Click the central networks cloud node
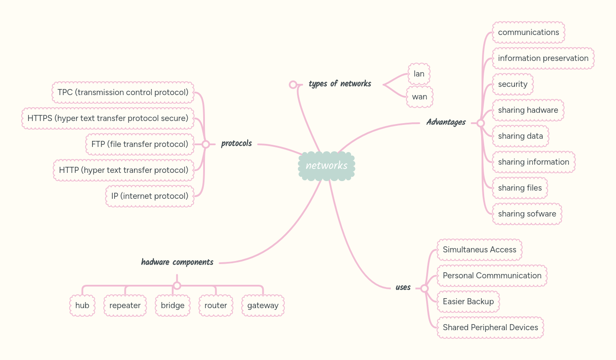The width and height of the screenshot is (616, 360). tap(326, 166)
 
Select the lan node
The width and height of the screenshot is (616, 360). tap(419, 74)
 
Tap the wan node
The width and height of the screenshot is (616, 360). tap(419, 97)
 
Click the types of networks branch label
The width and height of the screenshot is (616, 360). tap(340, 84)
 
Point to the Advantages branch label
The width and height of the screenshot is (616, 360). tap(446, 122)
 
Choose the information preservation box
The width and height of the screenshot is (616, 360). tap(543, 58)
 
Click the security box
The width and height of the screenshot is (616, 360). tap(512, 84)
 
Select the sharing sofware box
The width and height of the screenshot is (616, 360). tap(527, 214)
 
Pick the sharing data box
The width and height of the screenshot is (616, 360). tap(520, 136)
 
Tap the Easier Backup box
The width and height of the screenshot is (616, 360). tap(468, 302)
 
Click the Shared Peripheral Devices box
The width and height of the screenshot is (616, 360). tap(490, 328)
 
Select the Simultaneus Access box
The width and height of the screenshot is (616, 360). tap(479, 250)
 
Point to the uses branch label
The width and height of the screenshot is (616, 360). tap(403, 287)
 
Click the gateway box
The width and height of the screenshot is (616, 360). tap(263, 306)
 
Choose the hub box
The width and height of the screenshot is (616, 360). tap(82, 306)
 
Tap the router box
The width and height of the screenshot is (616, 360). tap(216, 306)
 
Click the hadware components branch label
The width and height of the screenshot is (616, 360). tap(177, 262)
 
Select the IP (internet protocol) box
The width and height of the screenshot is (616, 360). tap(150, 196)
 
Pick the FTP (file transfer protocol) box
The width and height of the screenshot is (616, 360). tap(140, 144)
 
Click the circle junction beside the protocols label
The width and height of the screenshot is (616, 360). tap(206, 144)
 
